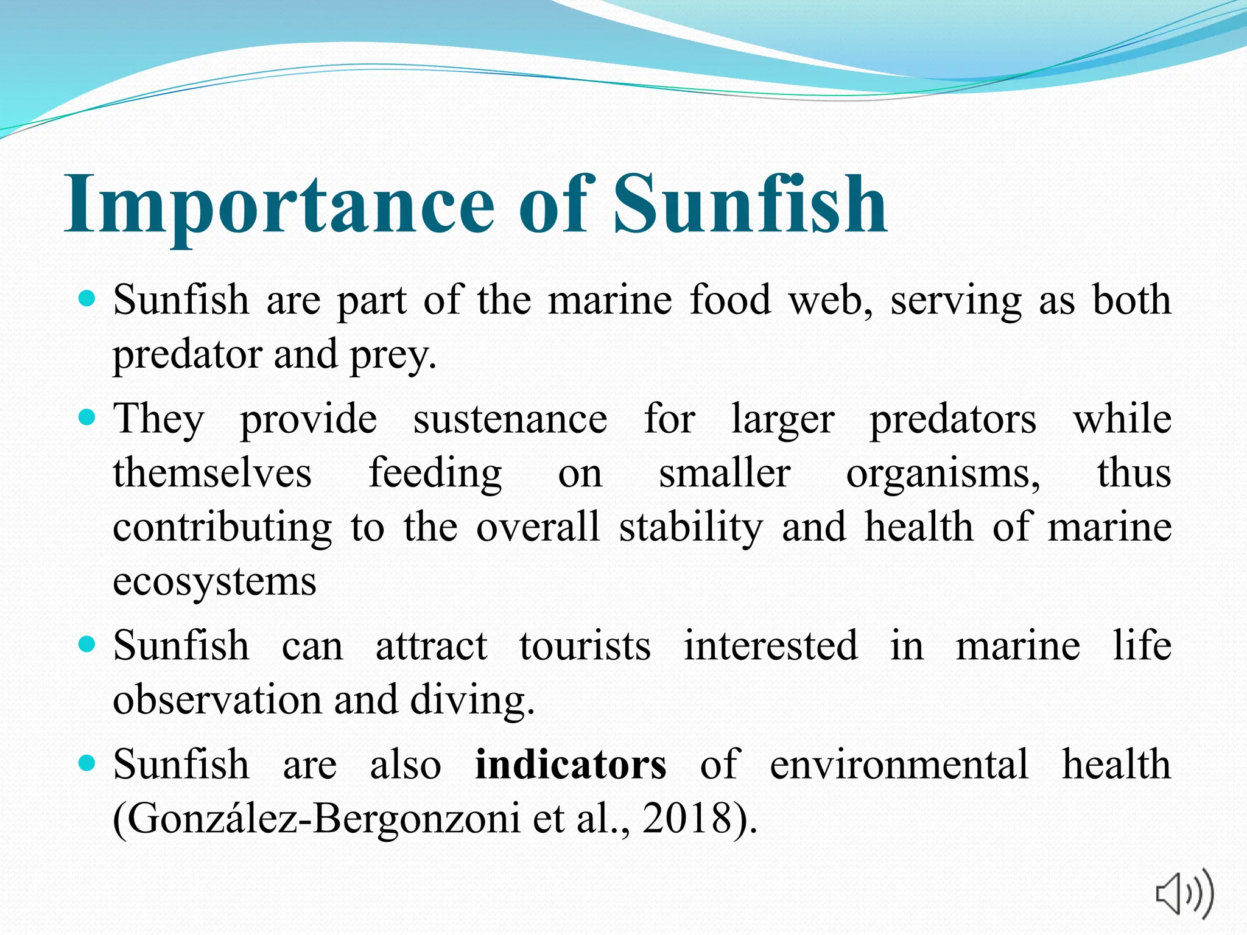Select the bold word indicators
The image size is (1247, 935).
point(571,764)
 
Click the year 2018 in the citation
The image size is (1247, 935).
point(687,818)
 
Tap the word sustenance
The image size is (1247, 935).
point(510,419)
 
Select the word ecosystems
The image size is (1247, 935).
point(214,581)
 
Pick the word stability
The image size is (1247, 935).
point(690,527)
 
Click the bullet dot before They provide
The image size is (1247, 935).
point(88,418)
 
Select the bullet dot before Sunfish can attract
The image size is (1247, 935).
point(88,644)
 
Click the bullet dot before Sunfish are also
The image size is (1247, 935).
point(88,763)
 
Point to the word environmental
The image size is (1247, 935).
point(899,764)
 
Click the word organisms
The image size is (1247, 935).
point(942,474)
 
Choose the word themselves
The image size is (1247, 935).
point(212,473)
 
